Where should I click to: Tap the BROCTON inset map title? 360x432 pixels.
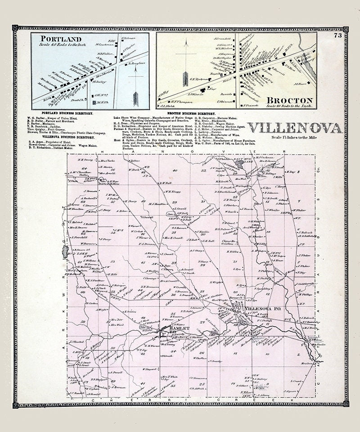(292, 100)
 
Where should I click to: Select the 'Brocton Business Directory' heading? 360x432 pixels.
(191, 113)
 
